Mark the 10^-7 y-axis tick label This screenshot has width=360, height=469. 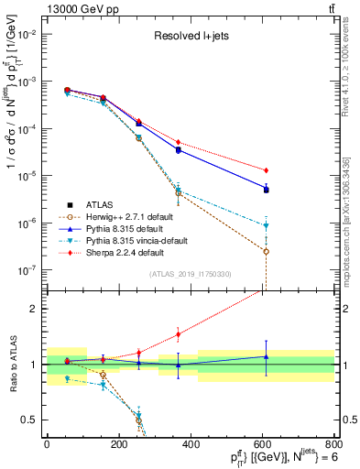27,270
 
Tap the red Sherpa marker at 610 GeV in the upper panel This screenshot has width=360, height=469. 266,170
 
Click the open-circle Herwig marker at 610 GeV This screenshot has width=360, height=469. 266,251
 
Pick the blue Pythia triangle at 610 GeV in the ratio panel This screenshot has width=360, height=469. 266,356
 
